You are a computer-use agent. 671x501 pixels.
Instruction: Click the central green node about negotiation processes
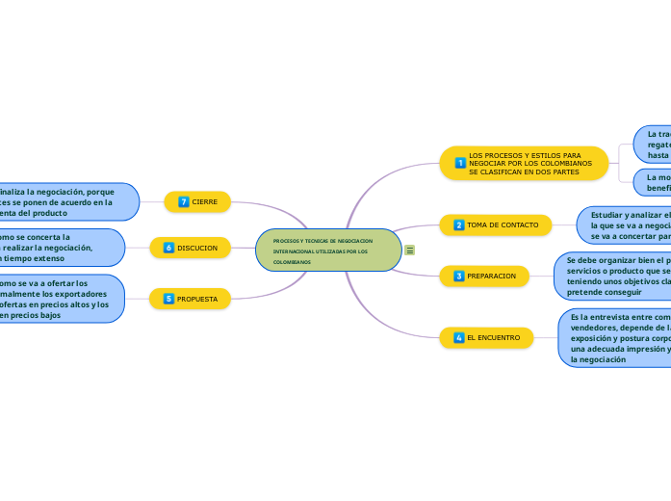328,250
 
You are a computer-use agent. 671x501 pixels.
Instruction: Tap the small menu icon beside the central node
410,250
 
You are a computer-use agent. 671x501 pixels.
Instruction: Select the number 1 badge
460,164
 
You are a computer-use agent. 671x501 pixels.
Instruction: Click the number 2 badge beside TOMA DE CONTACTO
458,225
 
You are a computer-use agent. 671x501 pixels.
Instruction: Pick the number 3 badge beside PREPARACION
458,277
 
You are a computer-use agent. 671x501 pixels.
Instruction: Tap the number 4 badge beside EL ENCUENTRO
458,338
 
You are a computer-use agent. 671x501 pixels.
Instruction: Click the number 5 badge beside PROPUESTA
168,300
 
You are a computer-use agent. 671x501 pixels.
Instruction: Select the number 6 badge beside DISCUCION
168,249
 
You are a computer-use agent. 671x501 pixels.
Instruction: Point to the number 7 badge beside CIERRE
183,201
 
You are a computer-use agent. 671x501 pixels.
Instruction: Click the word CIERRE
205,201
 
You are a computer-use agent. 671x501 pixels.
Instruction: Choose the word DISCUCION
197,249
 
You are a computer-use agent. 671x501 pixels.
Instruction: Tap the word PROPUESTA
197,300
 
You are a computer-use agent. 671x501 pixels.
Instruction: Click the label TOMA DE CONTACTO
503,225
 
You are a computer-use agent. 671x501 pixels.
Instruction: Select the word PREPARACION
492,277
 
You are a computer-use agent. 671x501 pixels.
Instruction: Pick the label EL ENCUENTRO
494,338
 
